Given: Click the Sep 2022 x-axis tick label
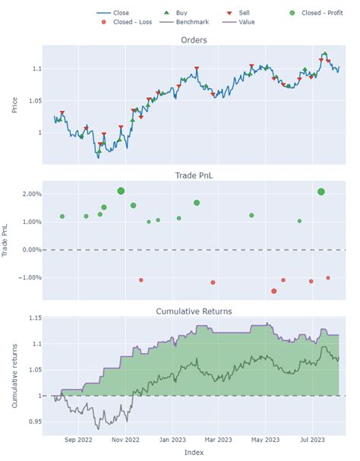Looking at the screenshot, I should click(x=79, y=439).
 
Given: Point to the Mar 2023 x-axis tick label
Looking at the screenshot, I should click(x=219, y=439).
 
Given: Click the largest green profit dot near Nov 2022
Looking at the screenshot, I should click(x=121, y=191).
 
